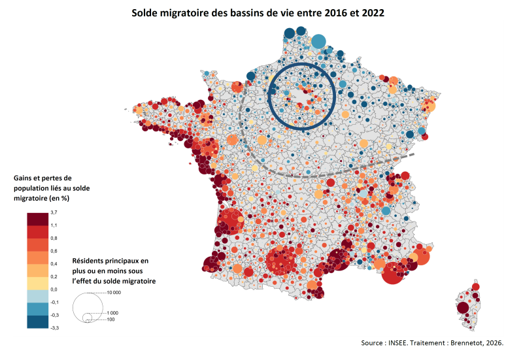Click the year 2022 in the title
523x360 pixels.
click(373, 13)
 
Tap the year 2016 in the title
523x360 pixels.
click(335, 13)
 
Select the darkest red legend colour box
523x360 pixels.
click(38, 219)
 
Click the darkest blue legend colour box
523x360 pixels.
click(38, 321)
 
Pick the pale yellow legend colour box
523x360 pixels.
click(38, 284)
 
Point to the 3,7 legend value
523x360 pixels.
click(54, 212)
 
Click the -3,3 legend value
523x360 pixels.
click(54, 328)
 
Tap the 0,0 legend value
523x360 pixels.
click(54, 289)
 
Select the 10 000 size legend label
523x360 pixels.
click(114, 293)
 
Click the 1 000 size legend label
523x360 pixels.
click(112, 313)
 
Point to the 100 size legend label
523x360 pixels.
click(110, 319)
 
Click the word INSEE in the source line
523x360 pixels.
click(397, 342)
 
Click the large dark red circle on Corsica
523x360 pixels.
click(463, 308)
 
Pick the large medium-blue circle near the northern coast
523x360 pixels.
click(318, 42)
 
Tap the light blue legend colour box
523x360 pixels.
click(38, 296)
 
